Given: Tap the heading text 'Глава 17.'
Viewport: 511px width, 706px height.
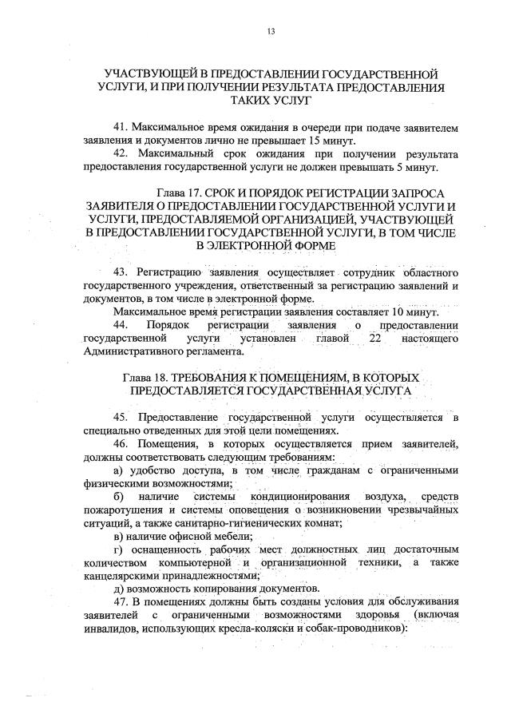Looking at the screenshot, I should (x=178, y=193).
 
